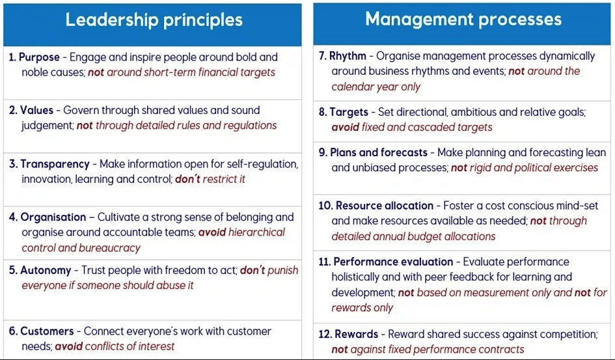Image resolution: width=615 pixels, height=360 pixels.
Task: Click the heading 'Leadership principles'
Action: pyautogui.click(x=154, y=20)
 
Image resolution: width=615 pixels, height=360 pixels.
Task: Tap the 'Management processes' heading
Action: pyautogui.click(x=463, y=20)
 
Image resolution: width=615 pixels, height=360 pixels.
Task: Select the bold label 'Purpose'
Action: pyautogui.click(x=39, y=57)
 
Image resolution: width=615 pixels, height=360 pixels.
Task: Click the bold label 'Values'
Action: pyautogui.click(x=36, y=110)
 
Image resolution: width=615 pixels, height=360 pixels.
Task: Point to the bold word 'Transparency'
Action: pyautogui.click(x=55, y=164)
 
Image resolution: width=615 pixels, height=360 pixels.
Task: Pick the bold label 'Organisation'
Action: pyautogui.click(x=53, y=217)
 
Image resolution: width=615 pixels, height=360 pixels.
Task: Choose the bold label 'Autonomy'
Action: pyautogui.click(x=46, y=270)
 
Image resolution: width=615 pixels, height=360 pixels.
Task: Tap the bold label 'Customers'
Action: pyautogui.click(x=47, y=331)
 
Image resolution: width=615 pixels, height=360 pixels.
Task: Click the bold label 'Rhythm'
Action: pyautogui.click(x=348, y=57)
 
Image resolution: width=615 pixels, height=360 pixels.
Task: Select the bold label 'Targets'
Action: pyautogui.click(x=349, y=112)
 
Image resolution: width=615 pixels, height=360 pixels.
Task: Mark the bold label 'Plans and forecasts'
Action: pyautogui.click(x=379, y=152)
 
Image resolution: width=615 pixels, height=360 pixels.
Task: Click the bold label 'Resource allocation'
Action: pyautogui.click(x=385, y=206)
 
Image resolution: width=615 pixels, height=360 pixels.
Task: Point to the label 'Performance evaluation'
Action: pyautogui.click(x=393, y=262)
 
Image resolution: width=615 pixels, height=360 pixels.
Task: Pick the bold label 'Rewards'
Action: pyautogui.click(x=356, y=335)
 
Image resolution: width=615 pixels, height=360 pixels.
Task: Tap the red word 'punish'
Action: pyautogui.click(x=283, y=271)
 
